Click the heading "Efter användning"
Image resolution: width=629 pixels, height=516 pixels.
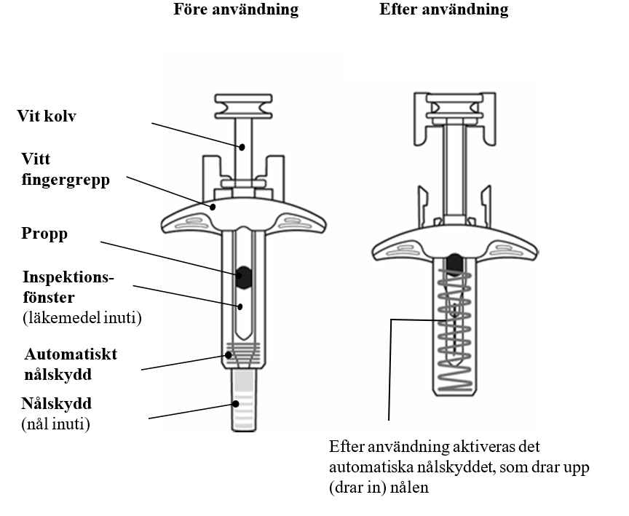pyautogui.click(x=443, y=10)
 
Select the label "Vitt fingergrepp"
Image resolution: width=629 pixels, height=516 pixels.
pyautogui.click(x=65, y=170)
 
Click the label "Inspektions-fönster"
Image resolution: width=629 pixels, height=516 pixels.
pyautogui.click(x=68, y=287)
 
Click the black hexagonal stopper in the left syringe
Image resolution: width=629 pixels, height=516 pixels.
pyautogui.click(x=244, y=274)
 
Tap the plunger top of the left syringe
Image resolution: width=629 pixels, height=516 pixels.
pyautogui.click(x=243, y=106)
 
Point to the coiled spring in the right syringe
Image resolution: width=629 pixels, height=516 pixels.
pyautogui.click(x=456, y=328)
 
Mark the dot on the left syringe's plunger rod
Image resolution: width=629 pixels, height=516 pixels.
pyautogui.click(x=244, y=146)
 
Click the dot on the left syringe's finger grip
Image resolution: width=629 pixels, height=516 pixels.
pyautogui.click(x=213, y=207)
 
